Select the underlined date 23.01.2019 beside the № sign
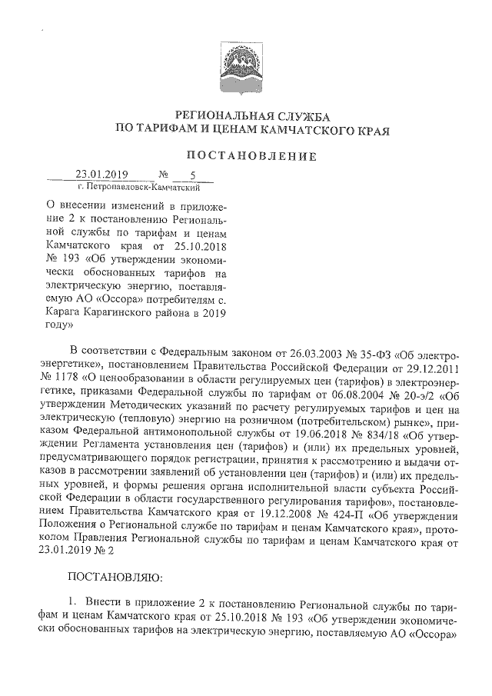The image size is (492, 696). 101,175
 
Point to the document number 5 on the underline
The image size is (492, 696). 193,175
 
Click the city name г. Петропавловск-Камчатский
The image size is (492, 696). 139,187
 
